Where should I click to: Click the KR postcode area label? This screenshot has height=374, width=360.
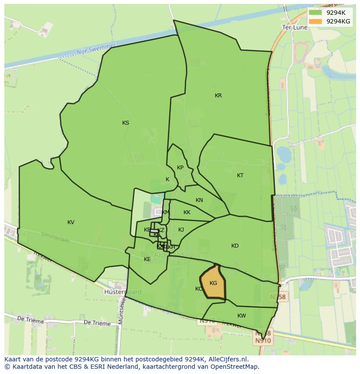pos(218,96)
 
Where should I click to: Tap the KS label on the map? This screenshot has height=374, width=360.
pos(126,123)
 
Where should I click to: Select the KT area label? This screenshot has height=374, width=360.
pos(240,175)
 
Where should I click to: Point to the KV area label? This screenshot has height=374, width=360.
pos(71,222)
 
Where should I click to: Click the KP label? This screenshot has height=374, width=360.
pos(180,168)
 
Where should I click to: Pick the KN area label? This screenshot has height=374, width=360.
pos(199,200)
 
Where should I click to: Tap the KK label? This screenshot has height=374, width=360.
pos(187,212)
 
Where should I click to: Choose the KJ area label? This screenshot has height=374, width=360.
pos(181,230)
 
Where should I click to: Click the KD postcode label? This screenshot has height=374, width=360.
pos(235,246)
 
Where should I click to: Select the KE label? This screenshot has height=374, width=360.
pos(147,259)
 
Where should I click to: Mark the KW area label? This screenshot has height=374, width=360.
pos(242,316)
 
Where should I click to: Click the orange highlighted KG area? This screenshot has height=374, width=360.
pos(213,283)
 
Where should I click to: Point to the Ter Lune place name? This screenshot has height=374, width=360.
pos(295,27)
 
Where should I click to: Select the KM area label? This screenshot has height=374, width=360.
pos(166,212)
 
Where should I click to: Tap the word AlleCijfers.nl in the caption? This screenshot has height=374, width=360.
pos(227,359)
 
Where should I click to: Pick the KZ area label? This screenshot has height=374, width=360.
pos(161,230)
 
